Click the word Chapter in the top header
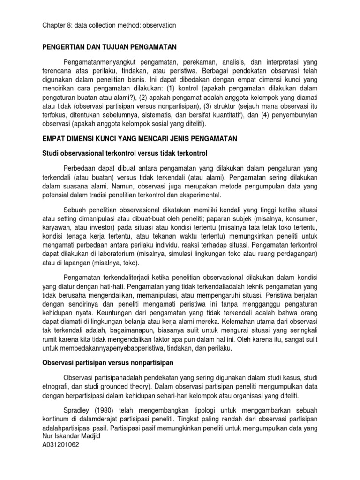50,25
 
